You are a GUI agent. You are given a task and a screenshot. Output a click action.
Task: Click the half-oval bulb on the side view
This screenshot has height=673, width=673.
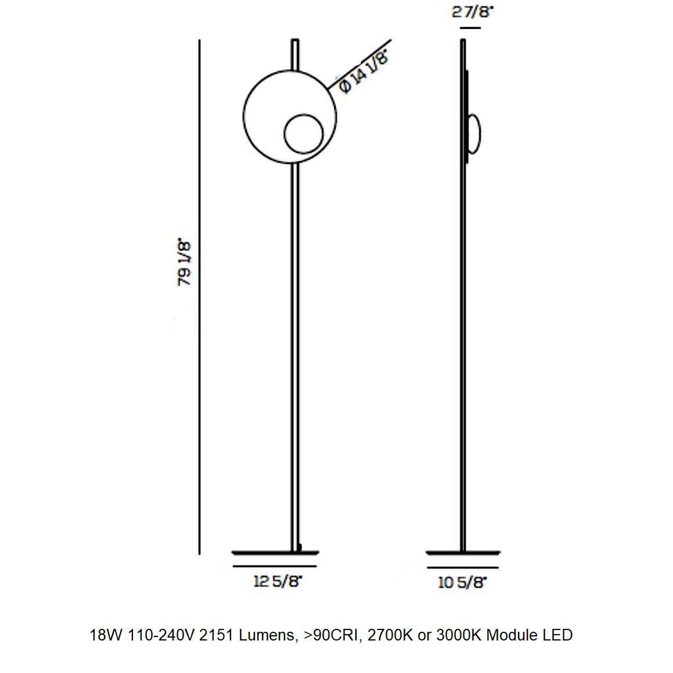(x=474, y=134)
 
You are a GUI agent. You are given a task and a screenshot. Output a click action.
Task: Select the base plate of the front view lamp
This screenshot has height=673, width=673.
(x=275, y=552)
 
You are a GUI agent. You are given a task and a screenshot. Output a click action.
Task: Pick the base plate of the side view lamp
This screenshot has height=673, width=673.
(x=462, y=552)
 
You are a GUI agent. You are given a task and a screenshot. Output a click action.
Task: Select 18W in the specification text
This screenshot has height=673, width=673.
(x=105, y=635)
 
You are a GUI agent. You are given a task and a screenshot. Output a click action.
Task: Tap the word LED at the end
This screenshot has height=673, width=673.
(x=557, y=635)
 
